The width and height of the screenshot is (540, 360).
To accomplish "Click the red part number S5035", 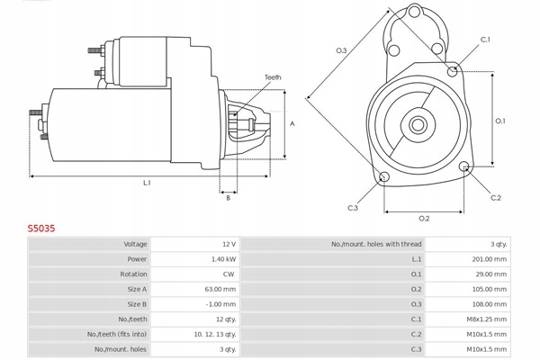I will point(40,229).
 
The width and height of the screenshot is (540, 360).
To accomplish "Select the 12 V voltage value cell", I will point(229,244).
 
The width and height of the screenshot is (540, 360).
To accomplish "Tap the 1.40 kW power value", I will point(224,259).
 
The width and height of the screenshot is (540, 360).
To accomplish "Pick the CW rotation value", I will point(229,274).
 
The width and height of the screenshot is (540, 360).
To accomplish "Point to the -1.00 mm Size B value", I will point(221,304).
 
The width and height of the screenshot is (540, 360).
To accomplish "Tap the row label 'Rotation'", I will point(133,274).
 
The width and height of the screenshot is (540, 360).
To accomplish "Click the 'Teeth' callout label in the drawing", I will point(273,77).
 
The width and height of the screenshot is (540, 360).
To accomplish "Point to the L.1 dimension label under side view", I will point(147,183).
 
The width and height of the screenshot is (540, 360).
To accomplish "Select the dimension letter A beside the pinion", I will point(291,123).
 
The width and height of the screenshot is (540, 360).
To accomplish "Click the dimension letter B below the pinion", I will point(229,197).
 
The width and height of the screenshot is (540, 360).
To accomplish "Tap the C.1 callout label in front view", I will point(485,40).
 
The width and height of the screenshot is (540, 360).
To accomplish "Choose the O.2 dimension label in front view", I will point(424,219).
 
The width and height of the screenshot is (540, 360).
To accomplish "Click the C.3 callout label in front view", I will point(353,208).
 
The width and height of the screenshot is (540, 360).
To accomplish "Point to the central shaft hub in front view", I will point(418,123).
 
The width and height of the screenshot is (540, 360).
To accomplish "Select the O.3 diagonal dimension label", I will point(341,50).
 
